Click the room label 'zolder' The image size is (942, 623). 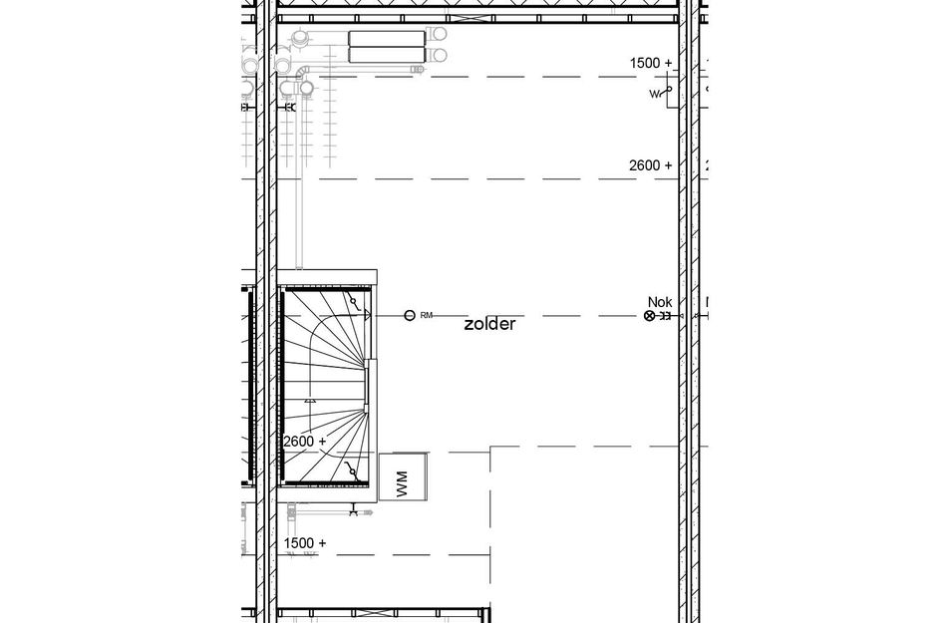point(489,324)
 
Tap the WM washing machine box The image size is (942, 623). point(403,477)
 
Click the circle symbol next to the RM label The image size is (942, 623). point(409,316)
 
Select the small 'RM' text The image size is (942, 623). point(427,316)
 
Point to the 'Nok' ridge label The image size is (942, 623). point(660,301)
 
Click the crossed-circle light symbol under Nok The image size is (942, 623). point(650,316)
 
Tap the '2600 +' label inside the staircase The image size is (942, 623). point(305,441)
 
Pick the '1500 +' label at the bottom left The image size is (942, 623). point(305,543)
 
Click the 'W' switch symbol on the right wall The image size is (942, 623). point(660,93)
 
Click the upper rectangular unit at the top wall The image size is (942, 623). point(387,38)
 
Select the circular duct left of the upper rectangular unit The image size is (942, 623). point(299,40)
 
